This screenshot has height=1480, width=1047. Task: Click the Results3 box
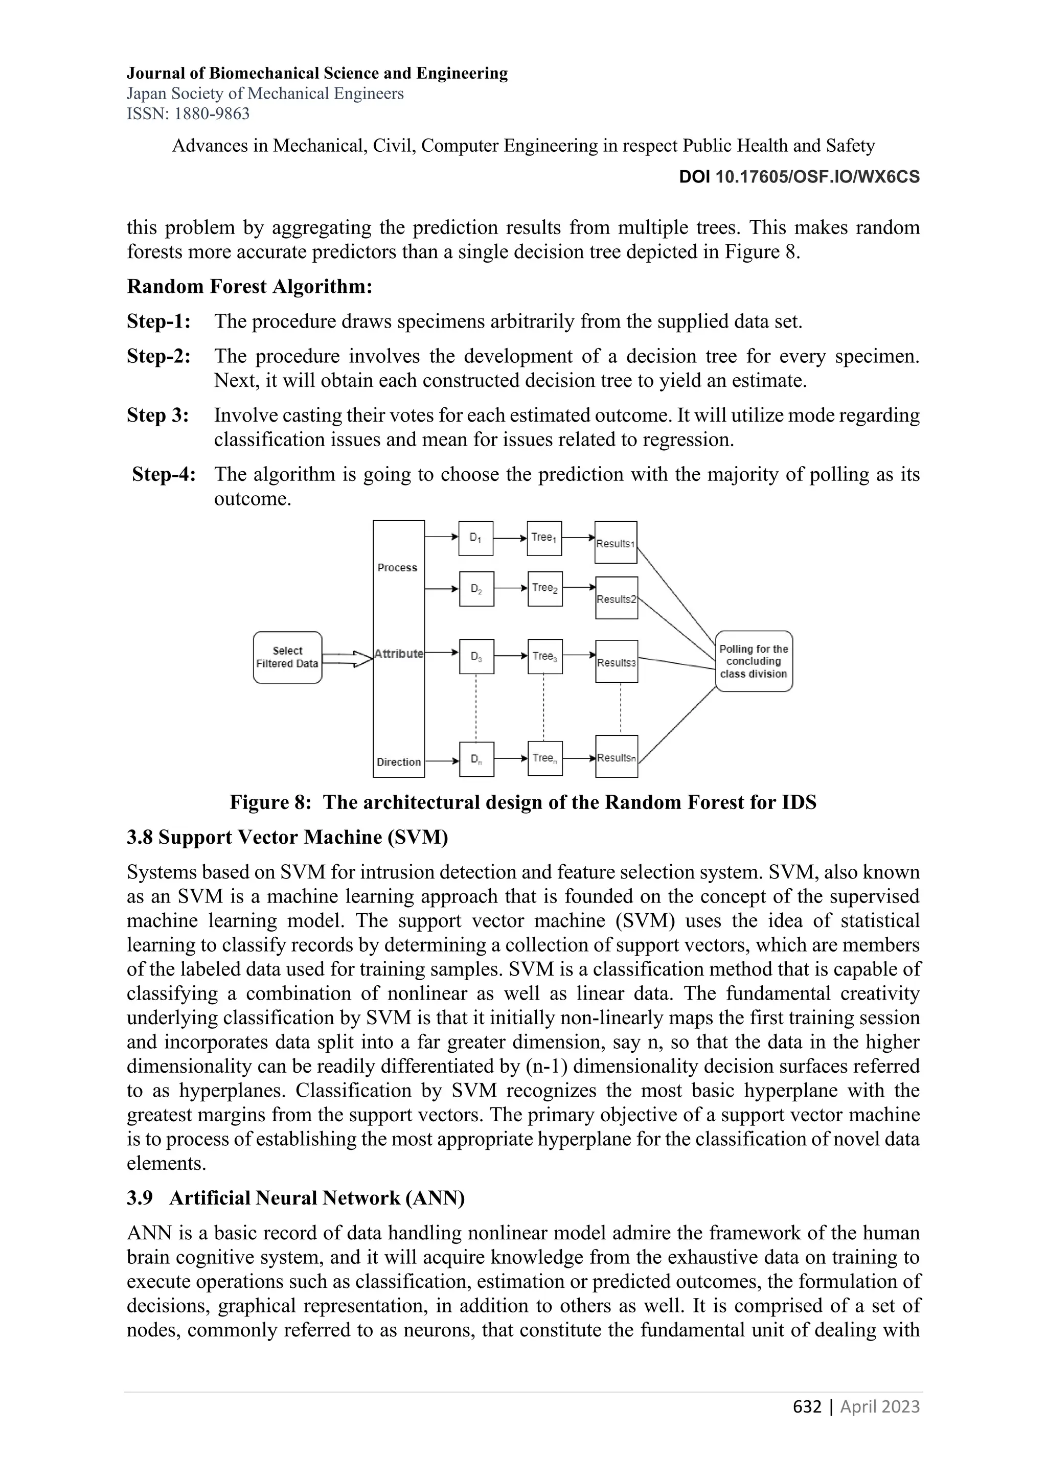[x=617, y=661]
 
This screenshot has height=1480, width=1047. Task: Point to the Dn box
[x=476, y=759]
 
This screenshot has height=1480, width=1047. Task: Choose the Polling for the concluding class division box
[x=754, y=661]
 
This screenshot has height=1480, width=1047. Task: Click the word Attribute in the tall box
[x=398, y=654]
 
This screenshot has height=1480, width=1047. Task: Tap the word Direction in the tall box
[x=398, y=762]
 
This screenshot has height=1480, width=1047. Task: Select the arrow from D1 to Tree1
[x=510, y=538]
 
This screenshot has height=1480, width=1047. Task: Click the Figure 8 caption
[x=523, y=802]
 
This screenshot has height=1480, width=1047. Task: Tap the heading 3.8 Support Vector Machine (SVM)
[x=287, y=837]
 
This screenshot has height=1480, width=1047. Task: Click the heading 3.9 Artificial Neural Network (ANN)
[x=295, y=1198]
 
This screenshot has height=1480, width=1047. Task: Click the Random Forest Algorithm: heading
[x=249, y=286]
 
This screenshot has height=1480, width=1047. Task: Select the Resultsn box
[x=617, y=757]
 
